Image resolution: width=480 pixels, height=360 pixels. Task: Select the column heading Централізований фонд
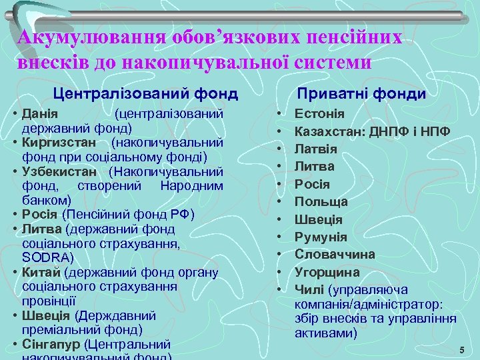(145, 93)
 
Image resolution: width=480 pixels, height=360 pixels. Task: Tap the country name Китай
(41, 272)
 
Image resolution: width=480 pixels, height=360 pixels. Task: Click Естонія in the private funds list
(319, 114)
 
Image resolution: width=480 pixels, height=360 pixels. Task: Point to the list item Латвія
(316, 149)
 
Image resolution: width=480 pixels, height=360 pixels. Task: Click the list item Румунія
(321, 237)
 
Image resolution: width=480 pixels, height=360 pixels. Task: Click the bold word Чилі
(309, 289)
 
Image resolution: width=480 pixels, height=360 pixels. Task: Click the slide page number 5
(461, 351)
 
